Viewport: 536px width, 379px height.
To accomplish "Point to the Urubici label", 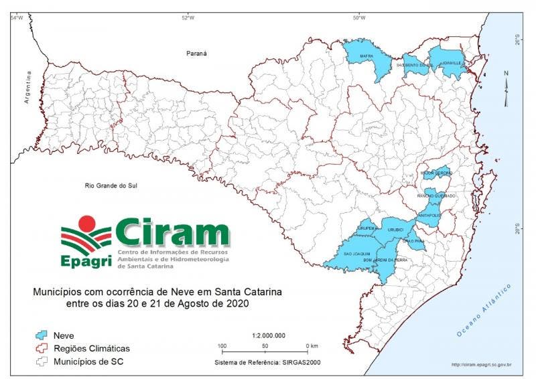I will [395, 230].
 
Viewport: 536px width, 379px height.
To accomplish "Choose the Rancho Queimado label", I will [436, 196].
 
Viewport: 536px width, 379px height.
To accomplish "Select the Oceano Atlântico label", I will [483, 309].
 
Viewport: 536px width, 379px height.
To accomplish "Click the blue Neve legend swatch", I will [43, 335].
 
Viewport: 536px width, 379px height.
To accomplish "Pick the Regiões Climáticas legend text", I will [92, 348].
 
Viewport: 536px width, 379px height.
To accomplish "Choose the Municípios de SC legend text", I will [90, 362].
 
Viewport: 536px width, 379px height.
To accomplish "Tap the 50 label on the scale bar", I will [265, 346].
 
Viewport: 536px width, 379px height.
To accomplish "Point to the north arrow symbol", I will [507, 84].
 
